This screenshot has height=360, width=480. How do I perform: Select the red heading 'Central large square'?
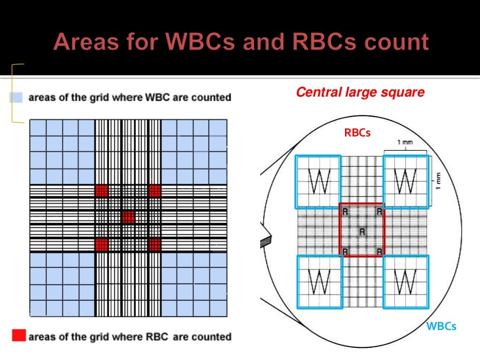360,92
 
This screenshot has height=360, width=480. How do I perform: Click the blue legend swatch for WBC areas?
16,97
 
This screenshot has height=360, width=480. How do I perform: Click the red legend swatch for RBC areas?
18,336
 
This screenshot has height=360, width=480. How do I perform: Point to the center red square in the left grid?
128,217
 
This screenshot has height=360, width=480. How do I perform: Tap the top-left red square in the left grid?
101,190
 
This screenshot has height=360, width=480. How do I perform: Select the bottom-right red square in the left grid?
155,244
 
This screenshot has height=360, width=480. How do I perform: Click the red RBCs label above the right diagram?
357,133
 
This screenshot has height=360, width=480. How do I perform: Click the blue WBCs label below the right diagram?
441,326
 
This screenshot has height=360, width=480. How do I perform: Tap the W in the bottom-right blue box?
405,281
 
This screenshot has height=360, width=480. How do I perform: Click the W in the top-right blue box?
405,180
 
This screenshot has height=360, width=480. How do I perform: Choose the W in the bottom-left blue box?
319,281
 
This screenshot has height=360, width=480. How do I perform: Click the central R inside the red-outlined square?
361,231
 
